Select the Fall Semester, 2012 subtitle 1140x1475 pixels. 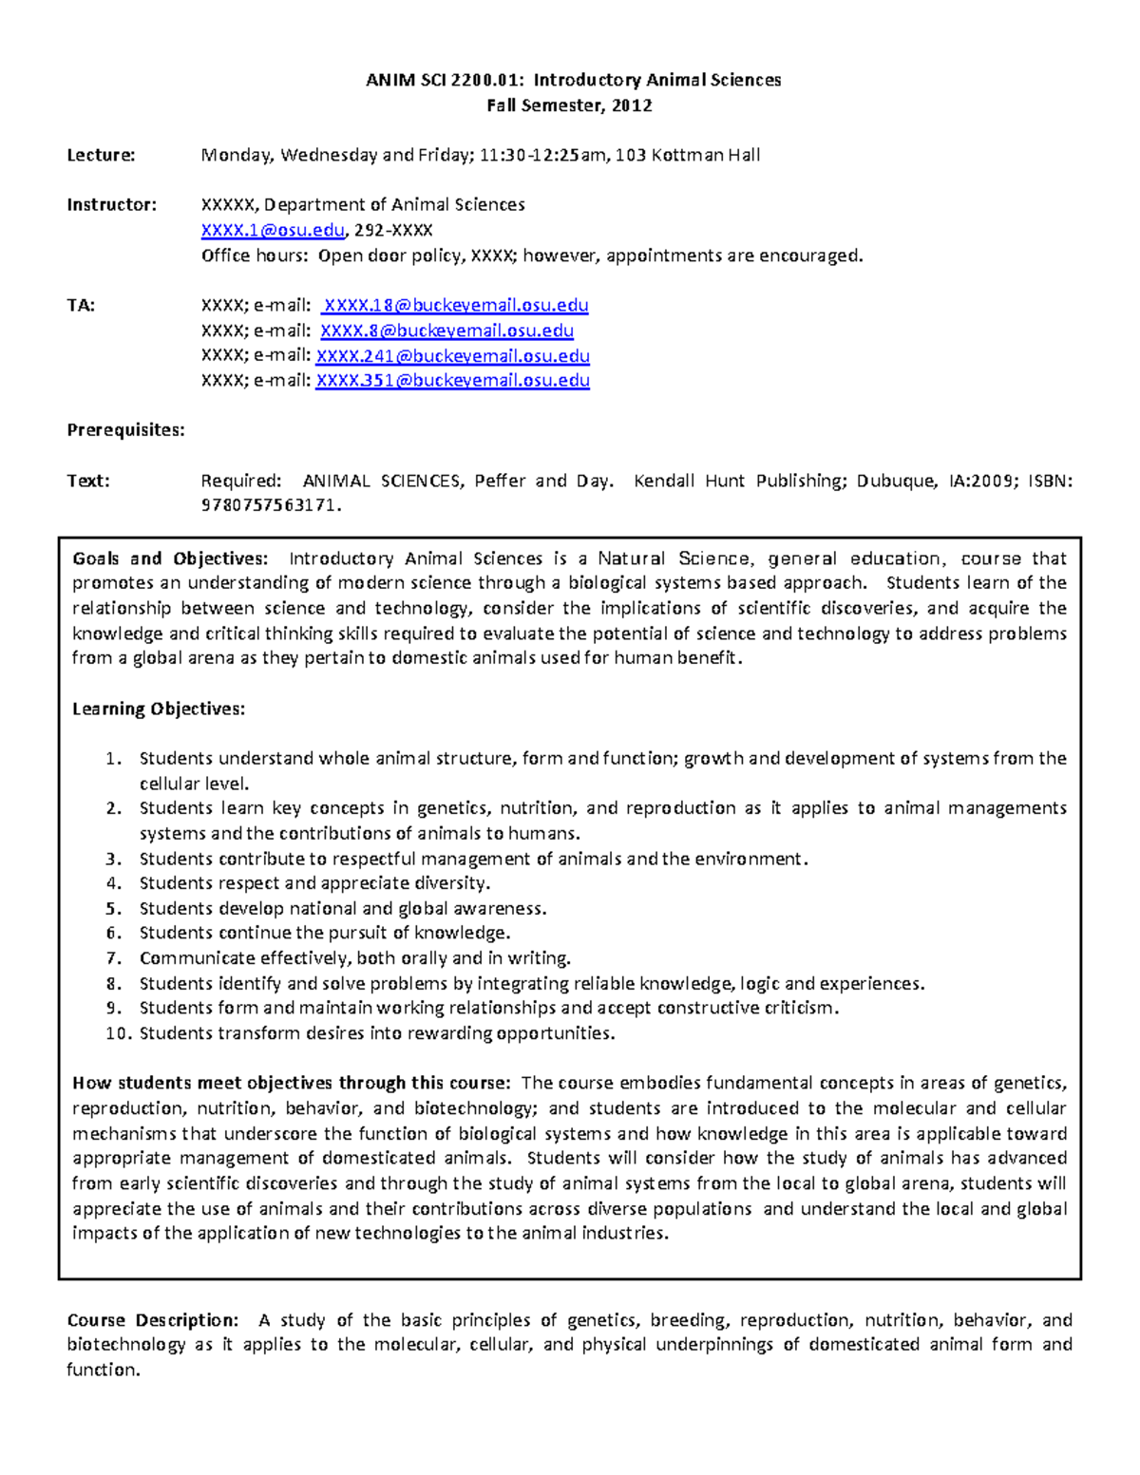tap(570, 105)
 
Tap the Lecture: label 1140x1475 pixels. tap(101, 156)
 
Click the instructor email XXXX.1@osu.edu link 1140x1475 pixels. tap(273, 231)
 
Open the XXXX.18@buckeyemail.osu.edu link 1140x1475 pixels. tap(456, 306)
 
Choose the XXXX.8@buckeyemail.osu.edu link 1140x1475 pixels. tap(446, 331)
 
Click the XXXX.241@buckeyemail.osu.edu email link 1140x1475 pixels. tap(452, 356)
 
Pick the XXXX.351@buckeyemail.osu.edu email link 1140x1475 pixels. tap(452, 381)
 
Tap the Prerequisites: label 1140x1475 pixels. tap(125, 430)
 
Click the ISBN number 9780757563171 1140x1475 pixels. tap(269, 506)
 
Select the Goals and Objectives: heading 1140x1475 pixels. tap(170, 558)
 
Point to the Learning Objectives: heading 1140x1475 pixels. tap(159, 709)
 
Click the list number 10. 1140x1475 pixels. tap(117, 1033)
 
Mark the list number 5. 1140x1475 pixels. tap(114, 909)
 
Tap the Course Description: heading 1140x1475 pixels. tap(152, 1320)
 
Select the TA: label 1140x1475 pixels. tap(81, 306)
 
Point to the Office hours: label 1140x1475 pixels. tap(254, 255)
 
